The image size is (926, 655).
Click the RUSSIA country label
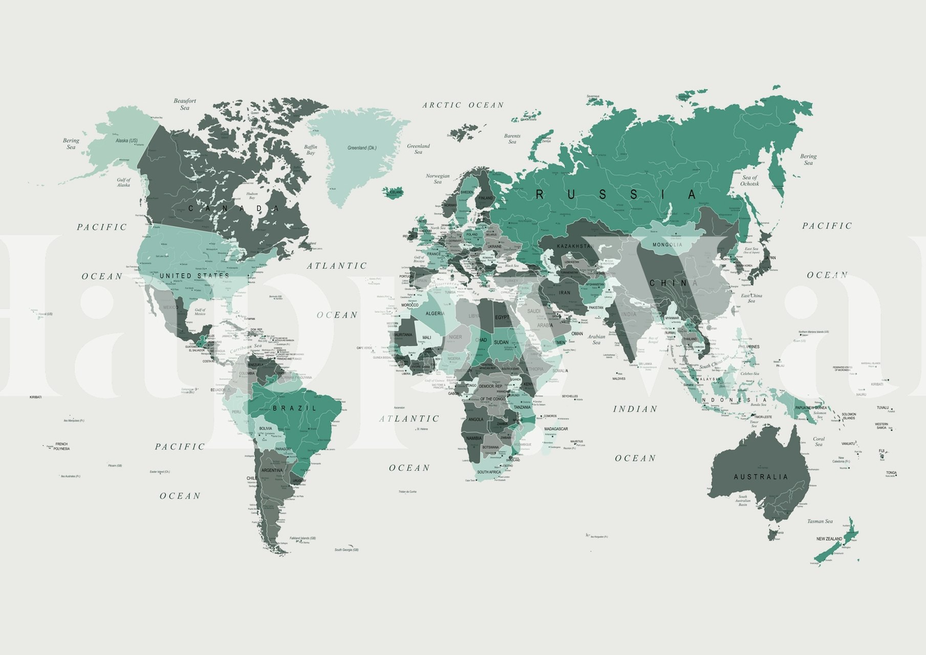[616, 194]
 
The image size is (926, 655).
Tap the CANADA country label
[234, 208]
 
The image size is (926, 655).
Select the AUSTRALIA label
[761, 477]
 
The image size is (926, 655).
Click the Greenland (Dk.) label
[362, 148]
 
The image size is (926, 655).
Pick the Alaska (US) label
[126, 141]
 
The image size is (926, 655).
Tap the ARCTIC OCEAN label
[463, 105]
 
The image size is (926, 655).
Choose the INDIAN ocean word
[635, 409]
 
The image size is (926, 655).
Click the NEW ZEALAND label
[829, 539]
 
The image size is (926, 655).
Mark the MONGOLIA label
[667, 245]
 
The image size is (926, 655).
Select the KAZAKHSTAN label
[574, 246]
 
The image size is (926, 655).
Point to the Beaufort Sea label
[185, 104]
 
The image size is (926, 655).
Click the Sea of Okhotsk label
[749, 181]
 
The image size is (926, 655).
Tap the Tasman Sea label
[820, 521]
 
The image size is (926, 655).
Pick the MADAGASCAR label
[556, 429]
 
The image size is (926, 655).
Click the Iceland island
[393, 193]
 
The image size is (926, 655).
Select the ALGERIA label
[435, 314]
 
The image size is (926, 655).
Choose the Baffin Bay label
[311, 150]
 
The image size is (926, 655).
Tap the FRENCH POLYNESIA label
[61, 446]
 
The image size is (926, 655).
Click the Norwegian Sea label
[438, 179]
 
